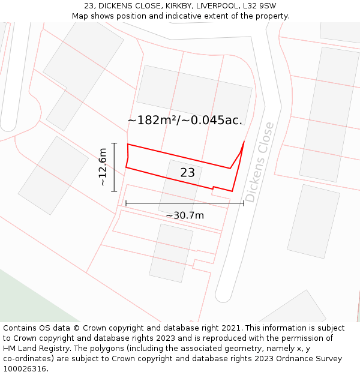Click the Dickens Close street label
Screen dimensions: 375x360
[260, 162]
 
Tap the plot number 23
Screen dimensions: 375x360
[187, 173]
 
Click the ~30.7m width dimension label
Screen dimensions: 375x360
[185, 215]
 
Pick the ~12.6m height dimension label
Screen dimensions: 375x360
[103, 166]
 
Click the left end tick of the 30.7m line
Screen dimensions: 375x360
[126, 203]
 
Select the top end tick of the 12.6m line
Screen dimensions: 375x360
[114, 143]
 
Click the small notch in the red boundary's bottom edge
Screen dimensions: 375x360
[213, 188]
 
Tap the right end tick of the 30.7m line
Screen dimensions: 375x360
[244, 203]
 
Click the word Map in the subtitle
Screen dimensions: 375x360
[80, 16]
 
